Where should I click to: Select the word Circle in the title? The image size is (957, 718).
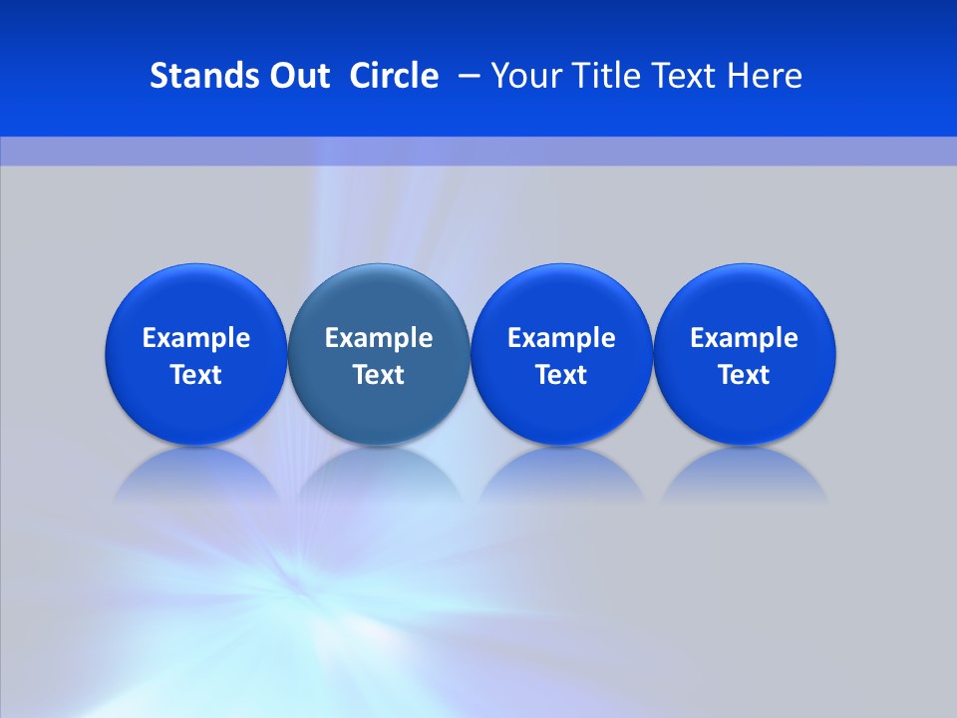click(394, 76)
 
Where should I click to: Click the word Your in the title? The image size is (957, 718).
click(524, 76)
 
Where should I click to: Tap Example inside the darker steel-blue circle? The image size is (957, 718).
click(379, 338)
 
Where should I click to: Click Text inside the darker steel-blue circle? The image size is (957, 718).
click(379, 375)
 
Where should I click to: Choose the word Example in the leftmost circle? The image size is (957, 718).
click(196, 338)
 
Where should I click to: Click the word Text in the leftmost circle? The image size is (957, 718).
click(196, 375)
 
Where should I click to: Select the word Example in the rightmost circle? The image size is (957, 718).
click(745, 338)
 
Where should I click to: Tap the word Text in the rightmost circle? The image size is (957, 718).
click(745, 375)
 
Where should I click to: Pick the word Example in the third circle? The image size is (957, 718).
click(562, 338)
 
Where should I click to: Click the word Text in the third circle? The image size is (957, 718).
click(562, 375)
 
